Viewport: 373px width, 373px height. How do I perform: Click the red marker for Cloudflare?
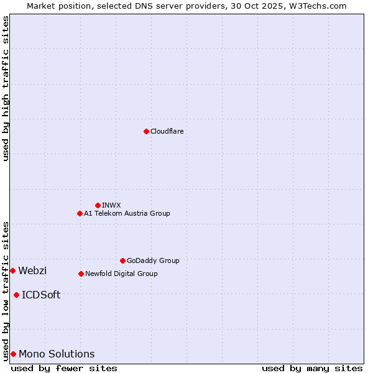click(146, 131)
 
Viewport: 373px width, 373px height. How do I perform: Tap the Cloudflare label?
click(167, 131)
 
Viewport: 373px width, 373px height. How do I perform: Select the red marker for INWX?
click(98, 205)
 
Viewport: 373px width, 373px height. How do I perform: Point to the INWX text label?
click(111, 205)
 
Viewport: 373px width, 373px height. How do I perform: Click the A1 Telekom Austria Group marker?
click(80, 213)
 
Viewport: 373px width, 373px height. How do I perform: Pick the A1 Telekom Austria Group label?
click(127, 213)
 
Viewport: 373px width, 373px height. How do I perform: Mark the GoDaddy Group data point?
click(122, 260)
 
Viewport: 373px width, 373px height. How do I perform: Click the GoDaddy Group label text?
click(153, 260)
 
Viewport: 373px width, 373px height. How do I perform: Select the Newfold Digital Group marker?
click(81, 274)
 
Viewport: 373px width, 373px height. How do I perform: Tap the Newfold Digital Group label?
click(121, 274)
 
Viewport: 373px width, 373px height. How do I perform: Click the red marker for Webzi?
click(12, 270)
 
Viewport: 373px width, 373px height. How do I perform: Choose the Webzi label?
click(32, 270)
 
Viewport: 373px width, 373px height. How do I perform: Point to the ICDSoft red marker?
click(16, 295)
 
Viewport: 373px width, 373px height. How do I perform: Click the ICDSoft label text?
click(41, 295)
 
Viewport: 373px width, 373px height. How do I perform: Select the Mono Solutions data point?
click(13, 354)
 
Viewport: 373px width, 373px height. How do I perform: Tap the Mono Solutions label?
click(57, 354)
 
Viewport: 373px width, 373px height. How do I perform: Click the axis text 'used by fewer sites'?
click(64, 368)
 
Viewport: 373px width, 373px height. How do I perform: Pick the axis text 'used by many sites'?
click(312, 368)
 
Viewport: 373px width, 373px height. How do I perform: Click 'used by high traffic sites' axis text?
click(6, 88)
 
